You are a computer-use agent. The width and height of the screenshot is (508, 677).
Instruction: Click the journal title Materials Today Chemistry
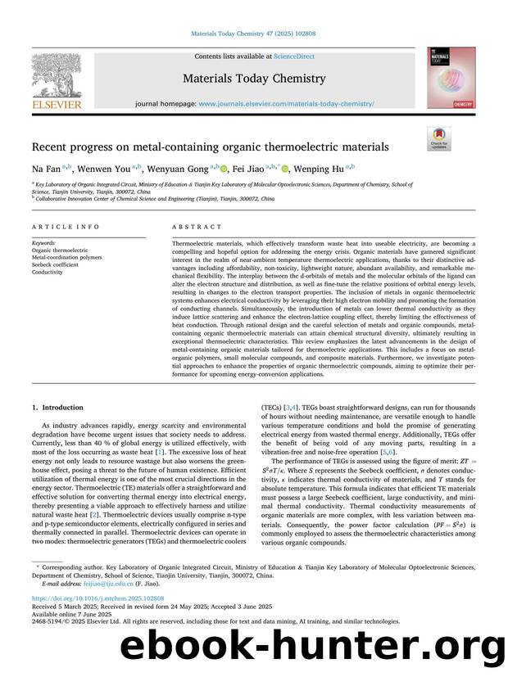tap(253, 79)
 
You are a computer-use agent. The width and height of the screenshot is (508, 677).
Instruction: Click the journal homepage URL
tap(286, 105)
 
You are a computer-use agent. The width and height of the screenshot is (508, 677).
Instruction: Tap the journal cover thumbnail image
tap(450, 78)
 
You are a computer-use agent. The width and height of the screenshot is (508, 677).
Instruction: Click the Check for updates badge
tap(438, 138)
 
